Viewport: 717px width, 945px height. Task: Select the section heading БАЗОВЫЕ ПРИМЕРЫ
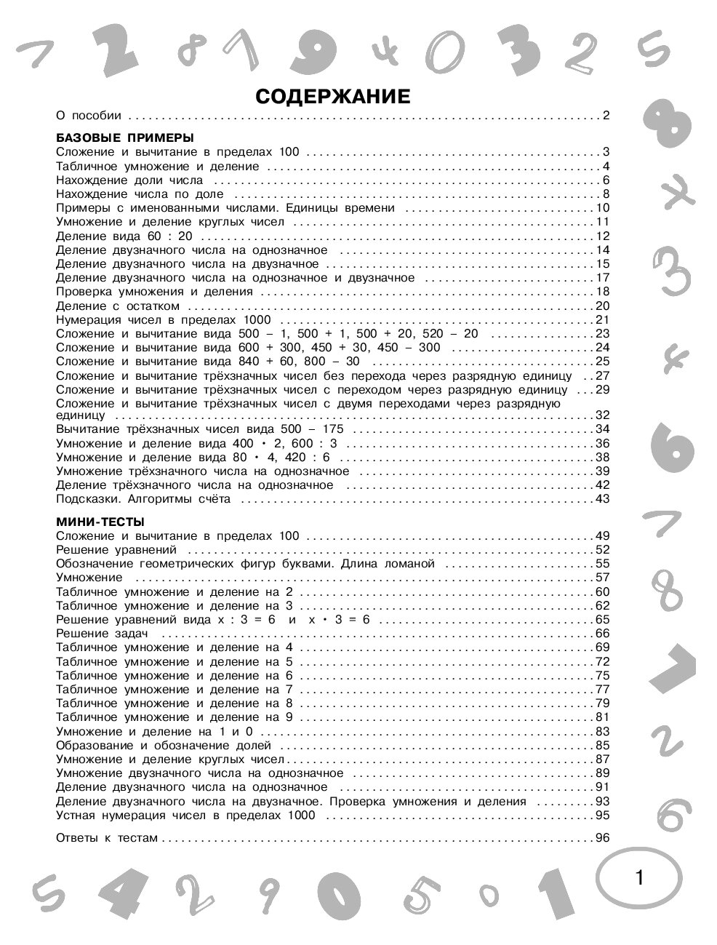[x=124, y=137]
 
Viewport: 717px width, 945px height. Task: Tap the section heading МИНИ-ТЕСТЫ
[x=100, y=522]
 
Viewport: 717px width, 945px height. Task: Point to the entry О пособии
[x=89, y=115]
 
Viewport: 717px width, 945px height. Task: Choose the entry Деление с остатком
[x=117, y=306]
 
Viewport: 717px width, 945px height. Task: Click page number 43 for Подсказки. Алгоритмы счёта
[x=601, y=499]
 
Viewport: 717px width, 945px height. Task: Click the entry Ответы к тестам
[x=106, y=838]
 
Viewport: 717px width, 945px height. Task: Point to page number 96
[x=601, y=838]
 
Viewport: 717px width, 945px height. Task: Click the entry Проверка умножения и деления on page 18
[x=154, y=292]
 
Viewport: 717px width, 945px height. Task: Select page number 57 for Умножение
[x=601, y=578]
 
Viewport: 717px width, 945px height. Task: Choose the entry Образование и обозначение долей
[x=164, y=746]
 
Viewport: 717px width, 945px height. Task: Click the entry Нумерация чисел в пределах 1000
[x=163, y=320]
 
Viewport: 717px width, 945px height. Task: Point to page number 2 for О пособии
[x=604, y=115]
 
